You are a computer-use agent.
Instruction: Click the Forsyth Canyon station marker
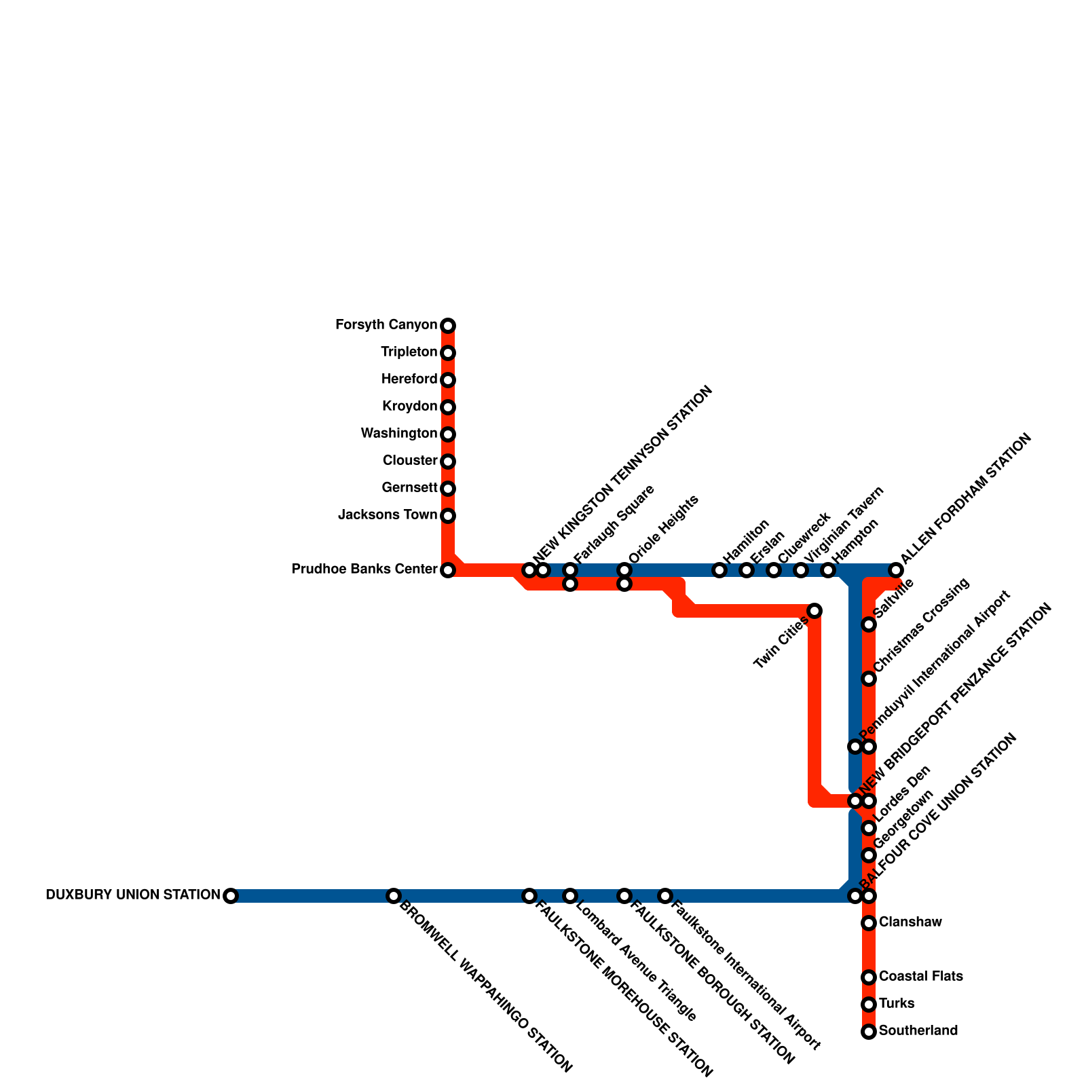448,326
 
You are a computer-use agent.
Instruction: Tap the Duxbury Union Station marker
231,896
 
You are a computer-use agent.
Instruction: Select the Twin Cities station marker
814,611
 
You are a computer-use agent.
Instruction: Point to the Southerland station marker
869,1032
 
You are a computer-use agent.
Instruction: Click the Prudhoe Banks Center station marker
448,570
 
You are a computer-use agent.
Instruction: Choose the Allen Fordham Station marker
896,570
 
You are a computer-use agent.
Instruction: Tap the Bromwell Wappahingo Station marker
394,896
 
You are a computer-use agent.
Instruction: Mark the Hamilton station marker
719,570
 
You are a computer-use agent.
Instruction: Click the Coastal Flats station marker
869,977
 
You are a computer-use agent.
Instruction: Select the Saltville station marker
869,624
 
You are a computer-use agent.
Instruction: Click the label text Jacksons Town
388,515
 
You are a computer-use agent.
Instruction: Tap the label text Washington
399,434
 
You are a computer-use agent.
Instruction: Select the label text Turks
897,1004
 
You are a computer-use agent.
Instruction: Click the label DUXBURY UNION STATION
133,895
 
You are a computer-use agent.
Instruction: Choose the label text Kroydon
410,407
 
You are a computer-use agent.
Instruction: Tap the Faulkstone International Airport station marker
665,896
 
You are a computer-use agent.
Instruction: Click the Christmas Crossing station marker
869,679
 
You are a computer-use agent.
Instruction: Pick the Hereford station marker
448,380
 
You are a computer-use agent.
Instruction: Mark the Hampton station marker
828,570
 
